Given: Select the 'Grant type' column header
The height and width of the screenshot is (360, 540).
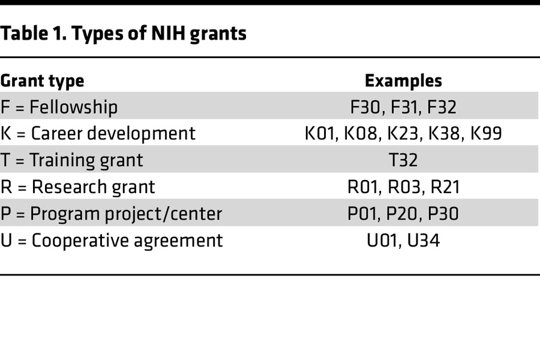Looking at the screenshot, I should [x=42, y=81].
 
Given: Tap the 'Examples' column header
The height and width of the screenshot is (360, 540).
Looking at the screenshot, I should [x=403, y=81].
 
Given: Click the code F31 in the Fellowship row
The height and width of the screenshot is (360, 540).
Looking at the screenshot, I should [x=403, y=107].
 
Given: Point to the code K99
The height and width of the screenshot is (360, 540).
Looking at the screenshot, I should [x=485, y=134].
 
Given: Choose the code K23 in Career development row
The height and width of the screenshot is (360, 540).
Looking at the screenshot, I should [x=403, y=134].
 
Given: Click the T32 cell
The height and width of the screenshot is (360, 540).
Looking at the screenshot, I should [x=403, y=160].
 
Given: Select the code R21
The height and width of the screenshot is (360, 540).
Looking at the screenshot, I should [x=445, y=187].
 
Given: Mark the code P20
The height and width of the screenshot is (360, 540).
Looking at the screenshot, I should [x=403, y=214].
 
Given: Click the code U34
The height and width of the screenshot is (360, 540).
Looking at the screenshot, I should [x=424, y=241].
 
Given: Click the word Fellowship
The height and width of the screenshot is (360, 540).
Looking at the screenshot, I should [x=74, y=107].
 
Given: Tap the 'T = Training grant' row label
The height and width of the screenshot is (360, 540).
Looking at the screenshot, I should [x=71, y=160].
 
